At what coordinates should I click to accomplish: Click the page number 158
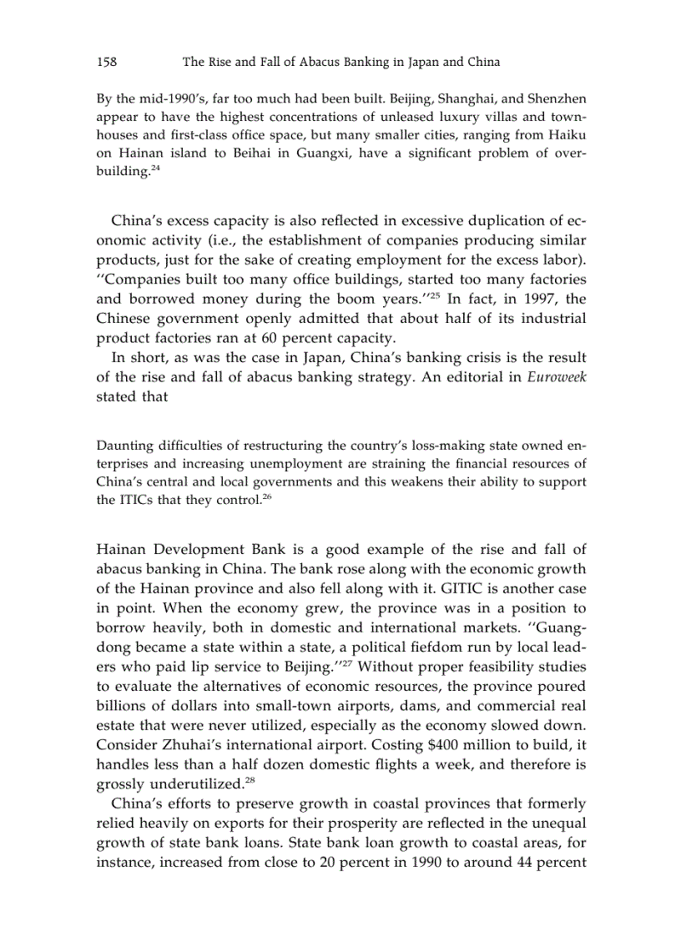coord(106,62)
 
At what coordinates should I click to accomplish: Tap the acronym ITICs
coord(137,499)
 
